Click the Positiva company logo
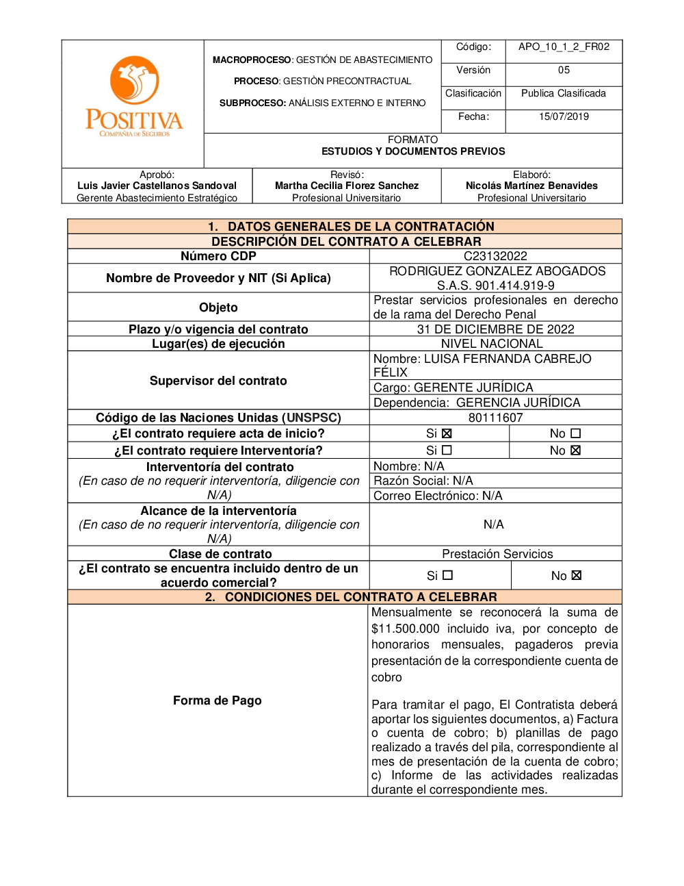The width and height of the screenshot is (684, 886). tap(134, 97)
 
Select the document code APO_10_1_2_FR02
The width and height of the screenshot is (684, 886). tap(564, 47)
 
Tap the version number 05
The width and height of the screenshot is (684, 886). tap(564, 70)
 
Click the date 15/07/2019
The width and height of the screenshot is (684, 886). tap(564, 116)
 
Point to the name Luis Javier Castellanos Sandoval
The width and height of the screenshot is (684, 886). tap(157, 186)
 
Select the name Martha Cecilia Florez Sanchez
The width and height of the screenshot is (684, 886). tap(347, 186)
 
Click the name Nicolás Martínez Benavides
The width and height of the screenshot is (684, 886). tap(531, 186)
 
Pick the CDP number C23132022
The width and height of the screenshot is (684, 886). tap(495, 256)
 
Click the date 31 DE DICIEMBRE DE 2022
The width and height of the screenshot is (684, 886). tap(495, 329)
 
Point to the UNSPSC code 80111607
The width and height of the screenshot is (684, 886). tap(495, 418)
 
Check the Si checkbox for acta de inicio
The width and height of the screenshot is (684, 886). tap(447, 433)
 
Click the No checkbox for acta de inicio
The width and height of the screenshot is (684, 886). tap(575, 433)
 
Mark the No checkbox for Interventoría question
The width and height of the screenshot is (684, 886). tap(575, 451)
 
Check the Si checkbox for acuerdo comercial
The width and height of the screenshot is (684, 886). tap(448, 576)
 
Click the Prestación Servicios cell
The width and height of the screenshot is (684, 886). tap(497, 554)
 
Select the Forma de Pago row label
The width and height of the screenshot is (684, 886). tap(218, 700)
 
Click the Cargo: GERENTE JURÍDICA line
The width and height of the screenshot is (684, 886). tap(453, 388)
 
